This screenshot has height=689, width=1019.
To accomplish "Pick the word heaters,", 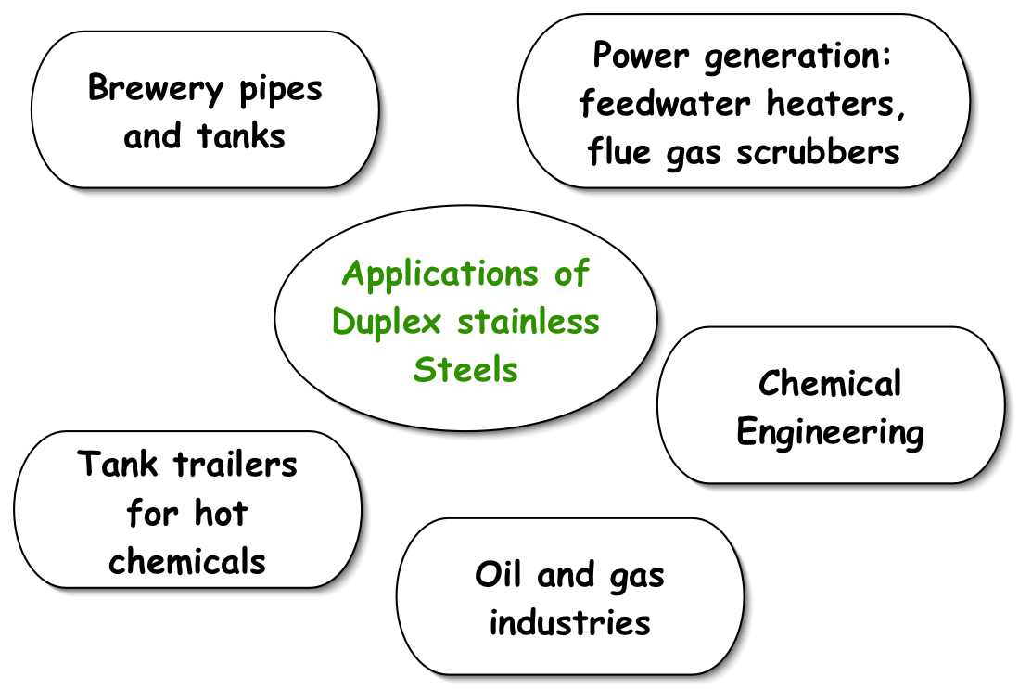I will pos(835,104).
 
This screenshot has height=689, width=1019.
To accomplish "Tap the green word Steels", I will pos(465,369).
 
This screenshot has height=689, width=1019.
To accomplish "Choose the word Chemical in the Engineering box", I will pos(830,384).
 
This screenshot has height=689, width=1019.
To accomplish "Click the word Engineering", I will pos(830,433).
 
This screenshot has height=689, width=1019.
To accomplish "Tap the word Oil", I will pos(502,575).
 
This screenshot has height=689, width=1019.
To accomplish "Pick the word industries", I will pos(569,621).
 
